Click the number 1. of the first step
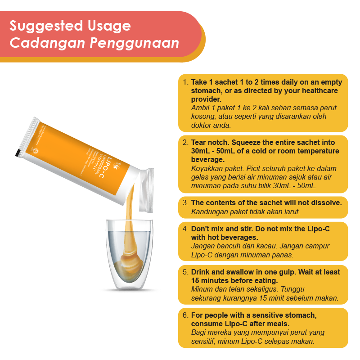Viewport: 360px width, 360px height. (x=185, y=83)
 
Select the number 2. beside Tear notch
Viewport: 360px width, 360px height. (x=185, y=143)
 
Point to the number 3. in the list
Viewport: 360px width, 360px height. (x=185, y=203)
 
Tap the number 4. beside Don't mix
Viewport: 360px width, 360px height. (x=185, y=229)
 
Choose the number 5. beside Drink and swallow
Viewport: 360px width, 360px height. (x=185, y=272)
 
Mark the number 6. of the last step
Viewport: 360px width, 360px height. (x=185, y=315)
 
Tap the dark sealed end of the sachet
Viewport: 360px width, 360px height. (x=19, y=152)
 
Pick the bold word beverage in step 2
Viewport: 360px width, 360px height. (x=207, y=159)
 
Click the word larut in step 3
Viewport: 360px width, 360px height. (x=291, y=211)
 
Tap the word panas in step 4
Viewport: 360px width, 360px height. (x=283, y=255)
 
